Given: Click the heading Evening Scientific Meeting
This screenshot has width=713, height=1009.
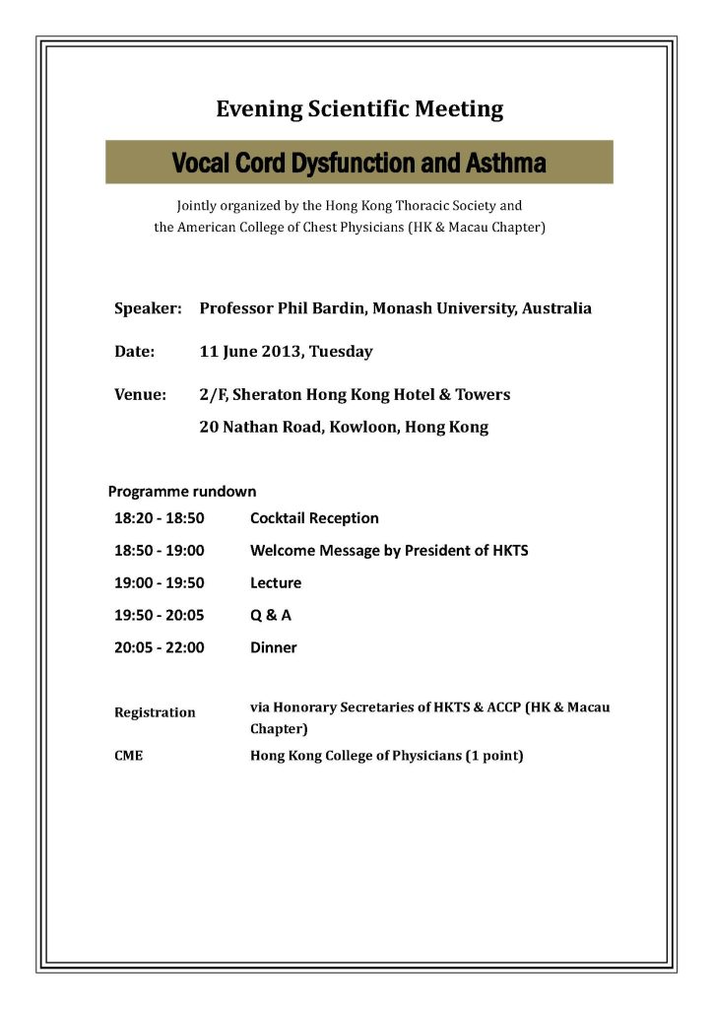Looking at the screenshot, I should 359,108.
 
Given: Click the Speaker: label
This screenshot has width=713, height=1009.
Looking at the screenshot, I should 148,308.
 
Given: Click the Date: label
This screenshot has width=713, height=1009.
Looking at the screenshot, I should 135,351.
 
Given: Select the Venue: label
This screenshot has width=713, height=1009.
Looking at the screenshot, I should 141,394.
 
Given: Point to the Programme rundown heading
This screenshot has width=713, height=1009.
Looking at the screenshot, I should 182,491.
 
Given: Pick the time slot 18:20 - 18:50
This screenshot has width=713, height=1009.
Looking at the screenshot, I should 159,518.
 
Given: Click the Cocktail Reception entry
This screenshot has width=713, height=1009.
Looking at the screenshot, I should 314,518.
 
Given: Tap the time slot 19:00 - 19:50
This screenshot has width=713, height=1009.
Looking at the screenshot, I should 159,583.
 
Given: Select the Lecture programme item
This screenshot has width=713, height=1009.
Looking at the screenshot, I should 276,583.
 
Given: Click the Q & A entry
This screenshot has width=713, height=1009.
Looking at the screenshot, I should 271,616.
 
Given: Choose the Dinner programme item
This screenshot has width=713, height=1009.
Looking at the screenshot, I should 273,648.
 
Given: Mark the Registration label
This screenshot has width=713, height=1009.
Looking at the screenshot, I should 155,712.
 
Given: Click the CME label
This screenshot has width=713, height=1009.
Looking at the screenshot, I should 129,757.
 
